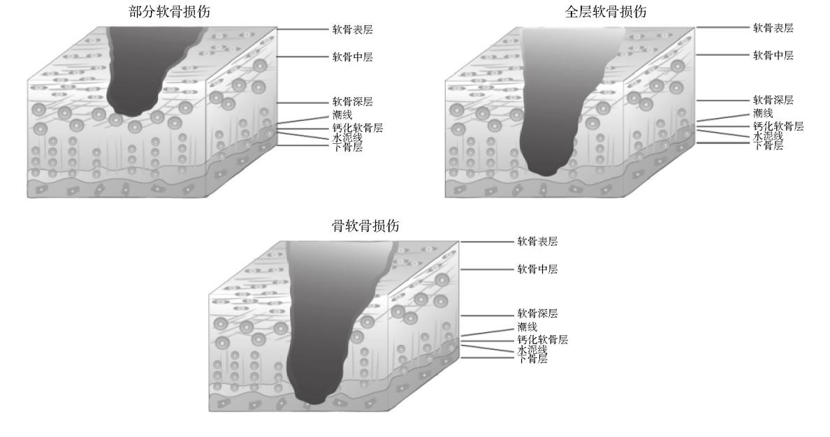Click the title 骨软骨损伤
point(365,225)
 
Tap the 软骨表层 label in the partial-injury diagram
point(351,31)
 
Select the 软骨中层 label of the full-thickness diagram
point(773,55)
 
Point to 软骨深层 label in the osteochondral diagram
point(537,313)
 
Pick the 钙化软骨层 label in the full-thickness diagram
point(778,126)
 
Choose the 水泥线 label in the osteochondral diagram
point(532,350)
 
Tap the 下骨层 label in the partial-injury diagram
point(347,147)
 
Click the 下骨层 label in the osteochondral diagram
point(532,359)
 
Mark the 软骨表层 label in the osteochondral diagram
point(537,242)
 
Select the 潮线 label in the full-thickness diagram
point(762,113)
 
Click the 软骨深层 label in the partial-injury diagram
point(352,102)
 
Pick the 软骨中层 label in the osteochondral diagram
point(537,269)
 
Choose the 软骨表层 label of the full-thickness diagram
point(773,28)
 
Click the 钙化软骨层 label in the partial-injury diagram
point(357,128)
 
